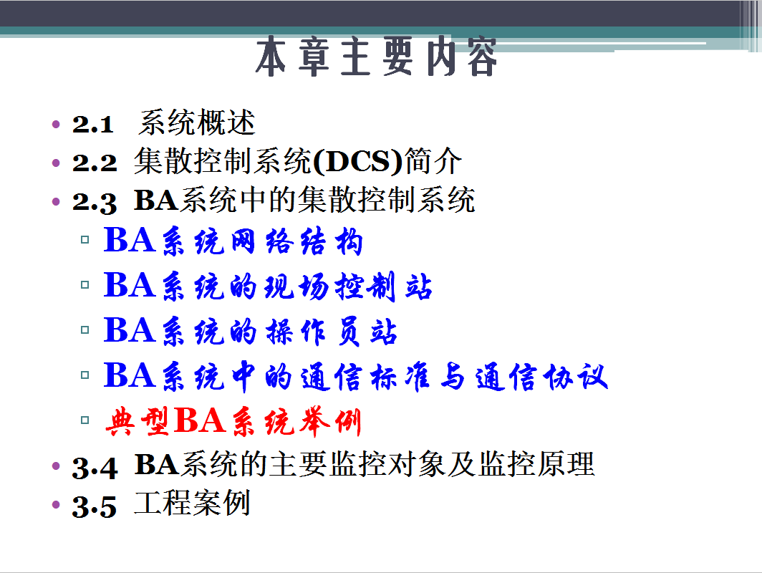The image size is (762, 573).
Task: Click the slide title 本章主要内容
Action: tap(376, 57)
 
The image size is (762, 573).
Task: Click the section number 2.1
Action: tap(93, 124)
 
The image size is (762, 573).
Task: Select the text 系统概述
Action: tap(197, 122)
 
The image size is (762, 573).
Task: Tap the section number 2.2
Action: tap(95, 163)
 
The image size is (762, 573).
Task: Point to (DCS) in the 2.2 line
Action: tap(358, 162)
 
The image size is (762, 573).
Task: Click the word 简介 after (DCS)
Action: tap(433, 161)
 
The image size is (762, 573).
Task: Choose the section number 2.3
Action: tap(95, 202)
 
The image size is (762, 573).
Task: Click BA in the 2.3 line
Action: tap(156, 200)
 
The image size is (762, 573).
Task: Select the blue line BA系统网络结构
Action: tap(233, 241)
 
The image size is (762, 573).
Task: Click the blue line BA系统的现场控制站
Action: tap(268, 286)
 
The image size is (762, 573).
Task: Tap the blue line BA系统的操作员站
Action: tap(251, 331)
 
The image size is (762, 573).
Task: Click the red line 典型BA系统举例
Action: tap(233, 421)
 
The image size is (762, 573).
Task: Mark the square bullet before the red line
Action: tap(85, 420)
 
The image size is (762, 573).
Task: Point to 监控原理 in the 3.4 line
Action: tap(537, 463)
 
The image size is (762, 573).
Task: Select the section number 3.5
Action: tap(95, 506)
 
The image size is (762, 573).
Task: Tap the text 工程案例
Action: tap(193, 503)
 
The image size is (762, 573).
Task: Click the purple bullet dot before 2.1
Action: tap(56, 125)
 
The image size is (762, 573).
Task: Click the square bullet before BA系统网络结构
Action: tap(85, 239)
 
